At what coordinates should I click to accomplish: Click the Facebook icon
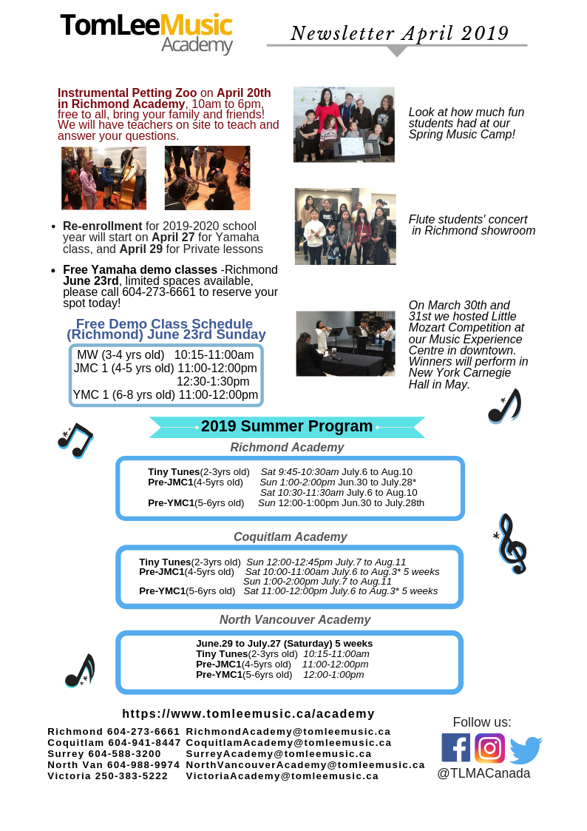coord(455,747)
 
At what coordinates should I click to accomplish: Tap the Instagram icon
coord(489,748)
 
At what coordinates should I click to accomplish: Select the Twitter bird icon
coord(526,750)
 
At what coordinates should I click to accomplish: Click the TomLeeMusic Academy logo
coord(146,33)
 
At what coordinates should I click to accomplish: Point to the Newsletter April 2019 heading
coord(399,33)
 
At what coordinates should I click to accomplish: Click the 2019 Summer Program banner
coord(287,427)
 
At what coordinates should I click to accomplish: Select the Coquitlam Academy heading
coord(290,536)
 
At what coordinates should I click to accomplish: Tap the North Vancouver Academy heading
coord(295,619)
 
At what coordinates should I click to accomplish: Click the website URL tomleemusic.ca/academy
coord(248,713)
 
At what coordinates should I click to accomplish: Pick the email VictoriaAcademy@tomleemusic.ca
coord(282,776)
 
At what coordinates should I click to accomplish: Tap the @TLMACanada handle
coord(483,773)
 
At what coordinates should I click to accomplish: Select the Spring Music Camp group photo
coord(344,124)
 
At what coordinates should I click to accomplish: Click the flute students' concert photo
coord(345,226)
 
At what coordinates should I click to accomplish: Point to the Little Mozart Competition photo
coord(345,343)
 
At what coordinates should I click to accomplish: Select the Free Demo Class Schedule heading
coord(166,329)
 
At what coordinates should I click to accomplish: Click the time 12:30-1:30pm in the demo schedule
coord(213,381)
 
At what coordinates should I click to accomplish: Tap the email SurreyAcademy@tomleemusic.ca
coord(279,753)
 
